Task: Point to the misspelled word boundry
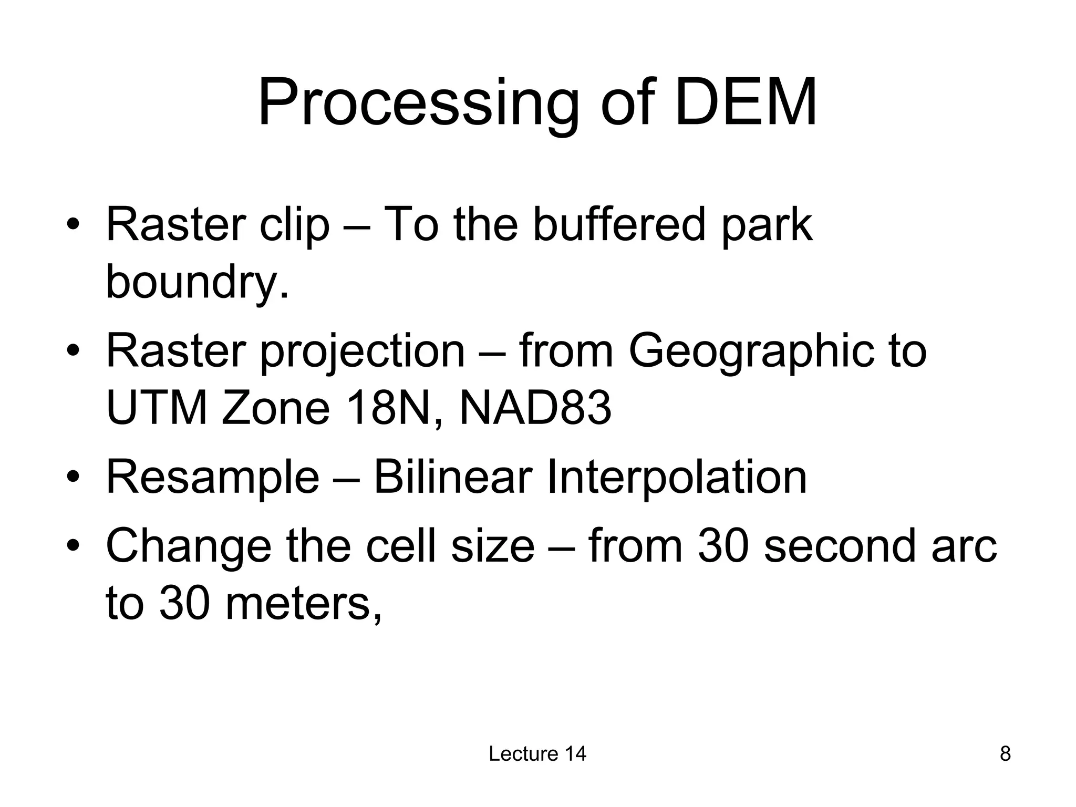click(197, 282)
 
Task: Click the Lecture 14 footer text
click(537, 754)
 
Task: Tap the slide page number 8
click(1005, 754)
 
